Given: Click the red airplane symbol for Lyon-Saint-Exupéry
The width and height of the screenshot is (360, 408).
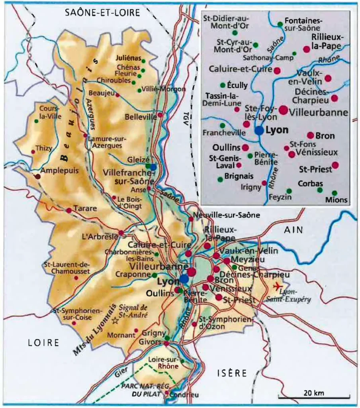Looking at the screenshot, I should point(277,286).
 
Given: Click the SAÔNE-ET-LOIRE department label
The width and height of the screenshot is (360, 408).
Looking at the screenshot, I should point(103,13).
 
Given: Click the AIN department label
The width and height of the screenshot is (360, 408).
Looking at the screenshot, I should point(293,230).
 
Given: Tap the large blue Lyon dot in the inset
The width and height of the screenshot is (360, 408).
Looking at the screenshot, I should point(259,130).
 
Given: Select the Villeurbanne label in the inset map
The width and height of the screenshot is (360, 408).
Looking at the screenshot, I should point(319,112).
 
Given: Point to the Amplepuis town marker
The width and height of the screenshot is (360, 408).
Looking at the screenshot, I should point(37,176).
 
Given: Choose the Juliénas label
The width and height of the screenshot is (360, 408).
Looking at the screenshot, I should point(128,57).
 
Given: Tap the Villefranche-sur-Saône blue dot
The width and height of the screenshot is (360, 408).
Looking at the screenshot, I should point(153,167).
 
